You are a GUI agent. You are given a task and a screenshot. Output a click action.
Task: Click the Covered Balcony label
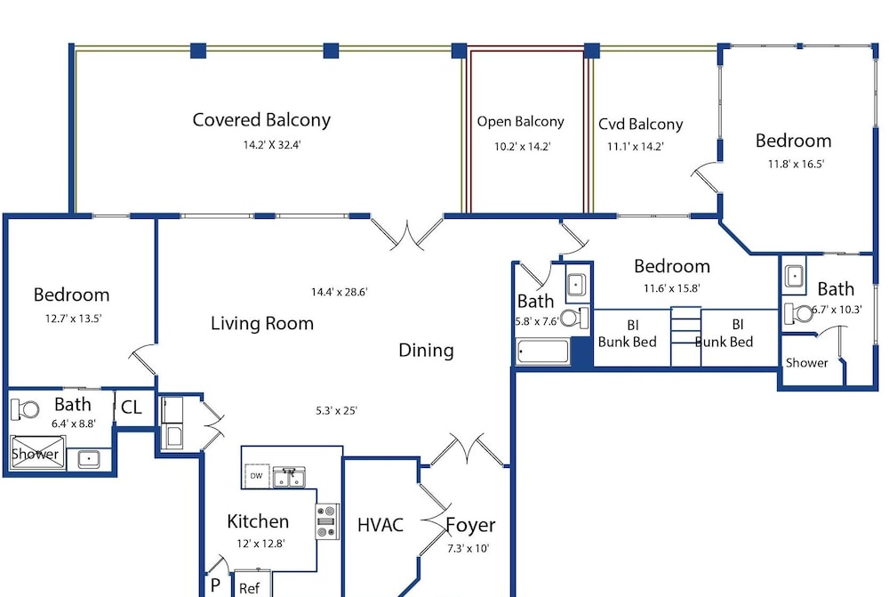(261, 120)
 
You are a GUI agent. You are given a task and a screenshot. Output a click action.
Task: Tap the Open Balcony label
(520, 122)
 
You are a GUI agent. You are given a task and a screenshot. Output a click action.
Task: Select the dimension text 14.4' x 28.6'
(339, 292)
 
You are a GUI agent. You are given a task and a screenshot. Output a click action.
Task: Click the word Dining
(427, 351)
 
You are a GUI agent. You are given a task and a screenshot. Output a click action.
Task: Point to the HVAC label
(380, 525)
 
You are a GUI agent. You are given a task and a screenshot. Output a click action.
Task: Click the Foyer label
(470, 526)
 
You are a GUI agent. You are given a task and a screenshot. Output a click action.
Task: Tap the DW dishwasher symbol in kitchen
(257, 476)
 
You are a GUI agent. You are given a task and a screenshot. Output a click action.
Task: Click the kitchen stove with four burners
(327, 521)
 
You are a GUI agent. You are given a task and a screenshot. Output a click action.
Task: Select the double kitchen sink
(289, 477)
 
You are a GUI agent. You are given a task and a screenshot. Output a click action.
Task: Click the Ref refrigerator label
(250, 588)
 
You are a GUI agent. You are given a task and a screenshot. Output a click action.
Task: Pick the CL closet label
(132, 407)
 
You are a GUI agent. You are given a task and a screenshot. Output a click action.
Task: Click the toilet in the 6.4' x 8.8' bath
(25, 408)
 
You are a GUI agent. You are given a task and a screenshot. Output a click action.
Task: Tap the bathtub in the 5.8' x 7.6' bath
(542, 351)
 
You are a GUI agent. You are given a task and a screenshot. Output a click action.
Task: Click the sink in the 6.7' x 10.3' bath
(794, 277)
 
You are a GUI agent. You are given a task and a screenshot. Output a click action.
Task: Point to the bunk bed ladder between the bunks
(686, 337)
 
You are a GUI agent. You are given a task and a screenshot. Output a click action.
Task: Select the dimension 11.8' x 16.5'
(796, 165)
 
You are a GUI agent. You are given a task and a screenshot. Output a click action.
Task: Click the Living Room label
(262, 324)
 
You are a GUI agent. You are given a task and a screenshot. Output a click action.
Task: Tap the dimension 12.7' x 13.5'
(73, 319)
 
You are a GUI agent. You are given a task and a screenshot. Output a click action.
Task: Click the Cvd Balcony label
(641, 125)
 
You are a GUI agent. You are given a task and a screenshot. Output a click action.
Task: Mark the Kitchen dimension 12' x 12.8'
(260, 544)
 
